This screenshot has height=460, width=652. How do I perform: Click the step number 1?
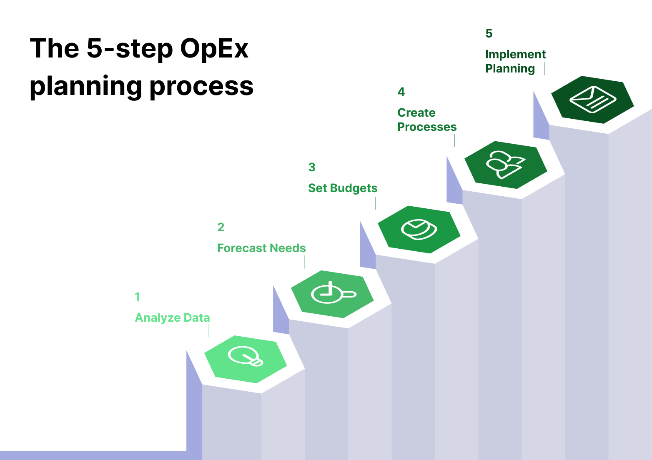(137, 297)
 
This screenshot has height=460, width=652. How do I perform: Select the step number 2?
(221, 227)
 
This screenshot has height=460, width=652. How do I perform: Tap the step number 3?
(311, 167)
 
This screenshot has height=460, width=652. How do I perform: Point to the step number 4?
(401, 92)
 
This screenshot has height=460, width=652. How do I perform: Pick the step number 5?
(489, 33)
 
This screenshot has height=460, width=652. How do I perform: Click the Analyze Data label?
(172, 318)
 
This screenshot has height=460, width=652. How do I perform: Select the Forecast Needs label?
(261, 248)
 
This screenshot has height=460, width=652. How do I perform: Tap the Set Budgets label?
(343, 188)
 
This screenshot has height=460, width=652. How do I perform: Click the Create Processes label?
(426, 120)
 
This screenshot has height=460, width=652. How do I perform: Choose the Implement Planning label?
(515, 62)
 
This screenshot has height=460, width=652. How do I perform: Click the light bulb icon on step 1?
(246, 357)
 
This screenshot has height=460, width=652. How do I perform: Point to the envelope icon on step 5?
(592, 100)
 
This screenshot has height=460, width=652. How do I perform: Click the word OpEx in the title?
(214, 49)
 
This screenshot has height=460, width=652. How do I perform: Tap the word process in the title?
(201, 87)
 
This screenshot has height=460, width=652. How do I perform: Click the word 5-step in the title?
(130, 49)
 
